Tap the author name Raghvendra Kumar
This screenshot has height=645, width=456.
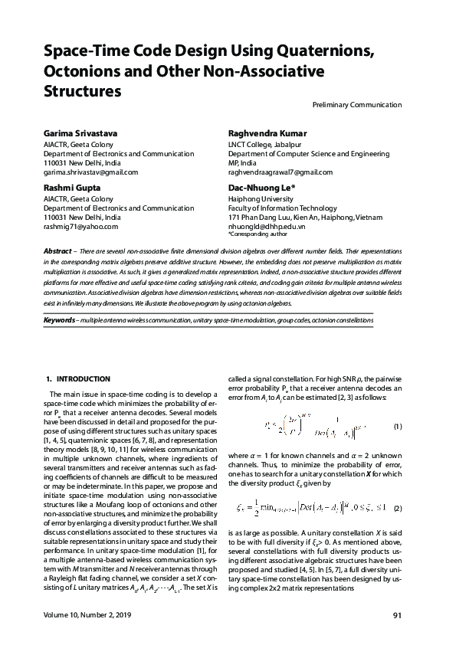click(x=267, y=133)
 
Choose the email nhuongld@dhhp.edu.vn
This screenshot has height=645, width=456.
click(x=267, y=227)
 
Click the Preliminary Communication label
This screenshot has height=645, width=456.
click(x=357, y=105)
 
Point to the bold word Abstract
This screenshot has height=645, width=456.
click(x=57, y=251)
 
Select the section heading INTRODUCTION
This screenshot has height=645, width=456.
click(x=84, y=378)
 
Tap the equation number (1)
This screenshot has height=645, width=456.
click(x=397, y=426)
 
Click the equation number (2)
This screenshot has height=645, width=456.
click(x=397, y=509)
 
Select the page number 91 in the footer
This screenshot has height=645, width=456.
click(x=397, y=615)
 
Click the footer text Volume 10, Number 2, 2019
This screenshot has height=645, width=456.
click(x=87, y=615)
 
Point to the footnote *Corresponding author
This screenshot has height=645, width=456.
click(x=252, y=235)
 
